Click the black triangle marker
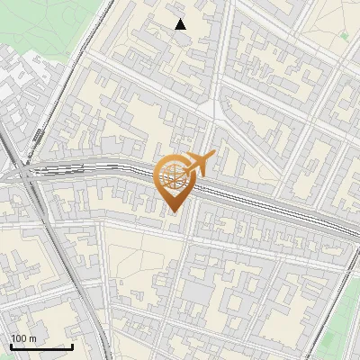point(181,24)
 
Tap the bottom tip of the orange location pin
point(174,212)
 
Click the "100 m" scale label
point(24,338)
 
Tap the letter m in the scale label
point(33,338)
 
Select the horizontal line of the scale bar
point(41,346)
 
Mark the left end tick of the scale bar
point(11,345)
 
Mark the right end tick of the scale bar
point(72,345)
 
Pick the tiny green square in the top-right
point(343,37)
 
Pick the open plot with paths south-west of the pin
point(135,261)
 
